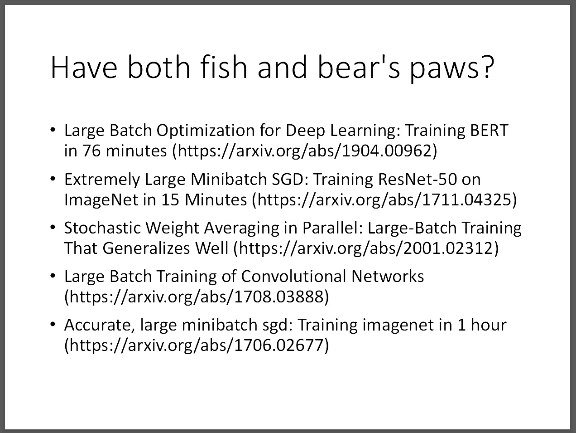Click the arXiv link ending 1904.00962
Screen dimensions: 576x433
click(x=305, y=151)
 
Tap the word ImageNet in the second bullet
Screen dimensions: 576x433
click(x=101, y=199)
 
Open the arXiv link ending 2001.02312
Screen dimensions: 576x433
click(x=366, y=248)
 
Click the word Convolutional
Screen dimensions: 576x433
click(x=293, y=276)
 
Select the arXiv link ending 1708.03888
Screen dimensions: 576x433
click(x=197, y=297)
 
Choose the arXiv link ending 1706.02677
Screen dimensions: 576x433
click(x=197, y=346)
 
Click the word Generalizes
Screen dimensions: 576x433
click(x=146, y=248)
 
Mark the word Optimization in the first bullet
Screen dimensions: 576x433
click(x=206, y=131)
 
